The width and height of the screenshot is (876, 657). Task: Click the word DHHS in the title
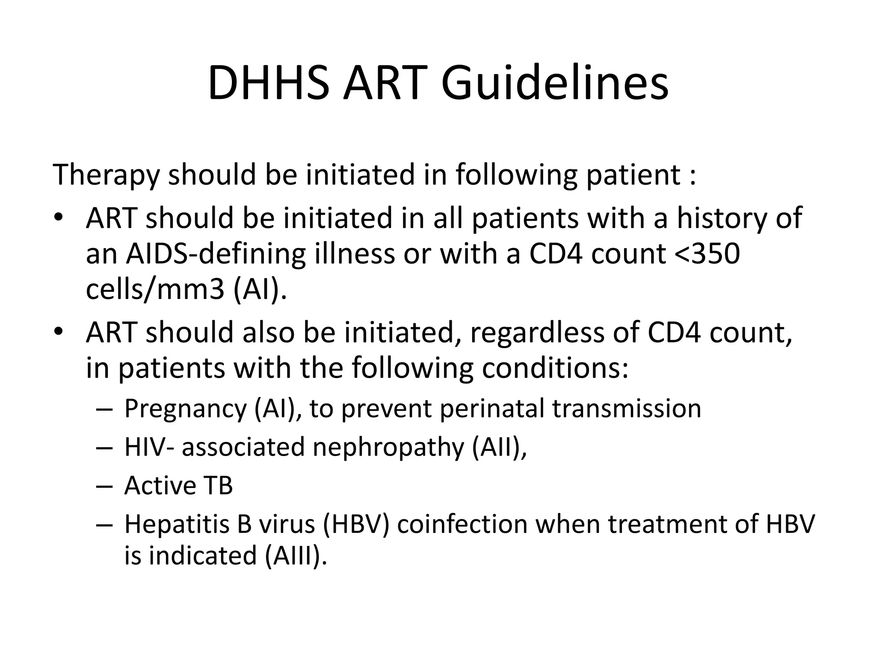pos(269,83)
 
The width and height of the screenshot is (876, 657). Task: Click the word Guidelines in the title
pos(555,83)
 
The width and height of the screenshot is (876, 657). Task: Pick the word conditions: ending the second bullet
pos(555,368)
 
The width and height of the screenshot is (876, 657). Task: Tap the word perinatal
pos(491,408)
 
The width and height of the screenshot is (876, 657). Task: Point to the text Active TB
pos(178,486)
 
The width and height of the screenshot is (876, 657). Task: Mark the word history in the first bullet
pos(722,218)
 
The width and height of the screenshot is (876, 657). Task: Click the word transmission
pos(627,408)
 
